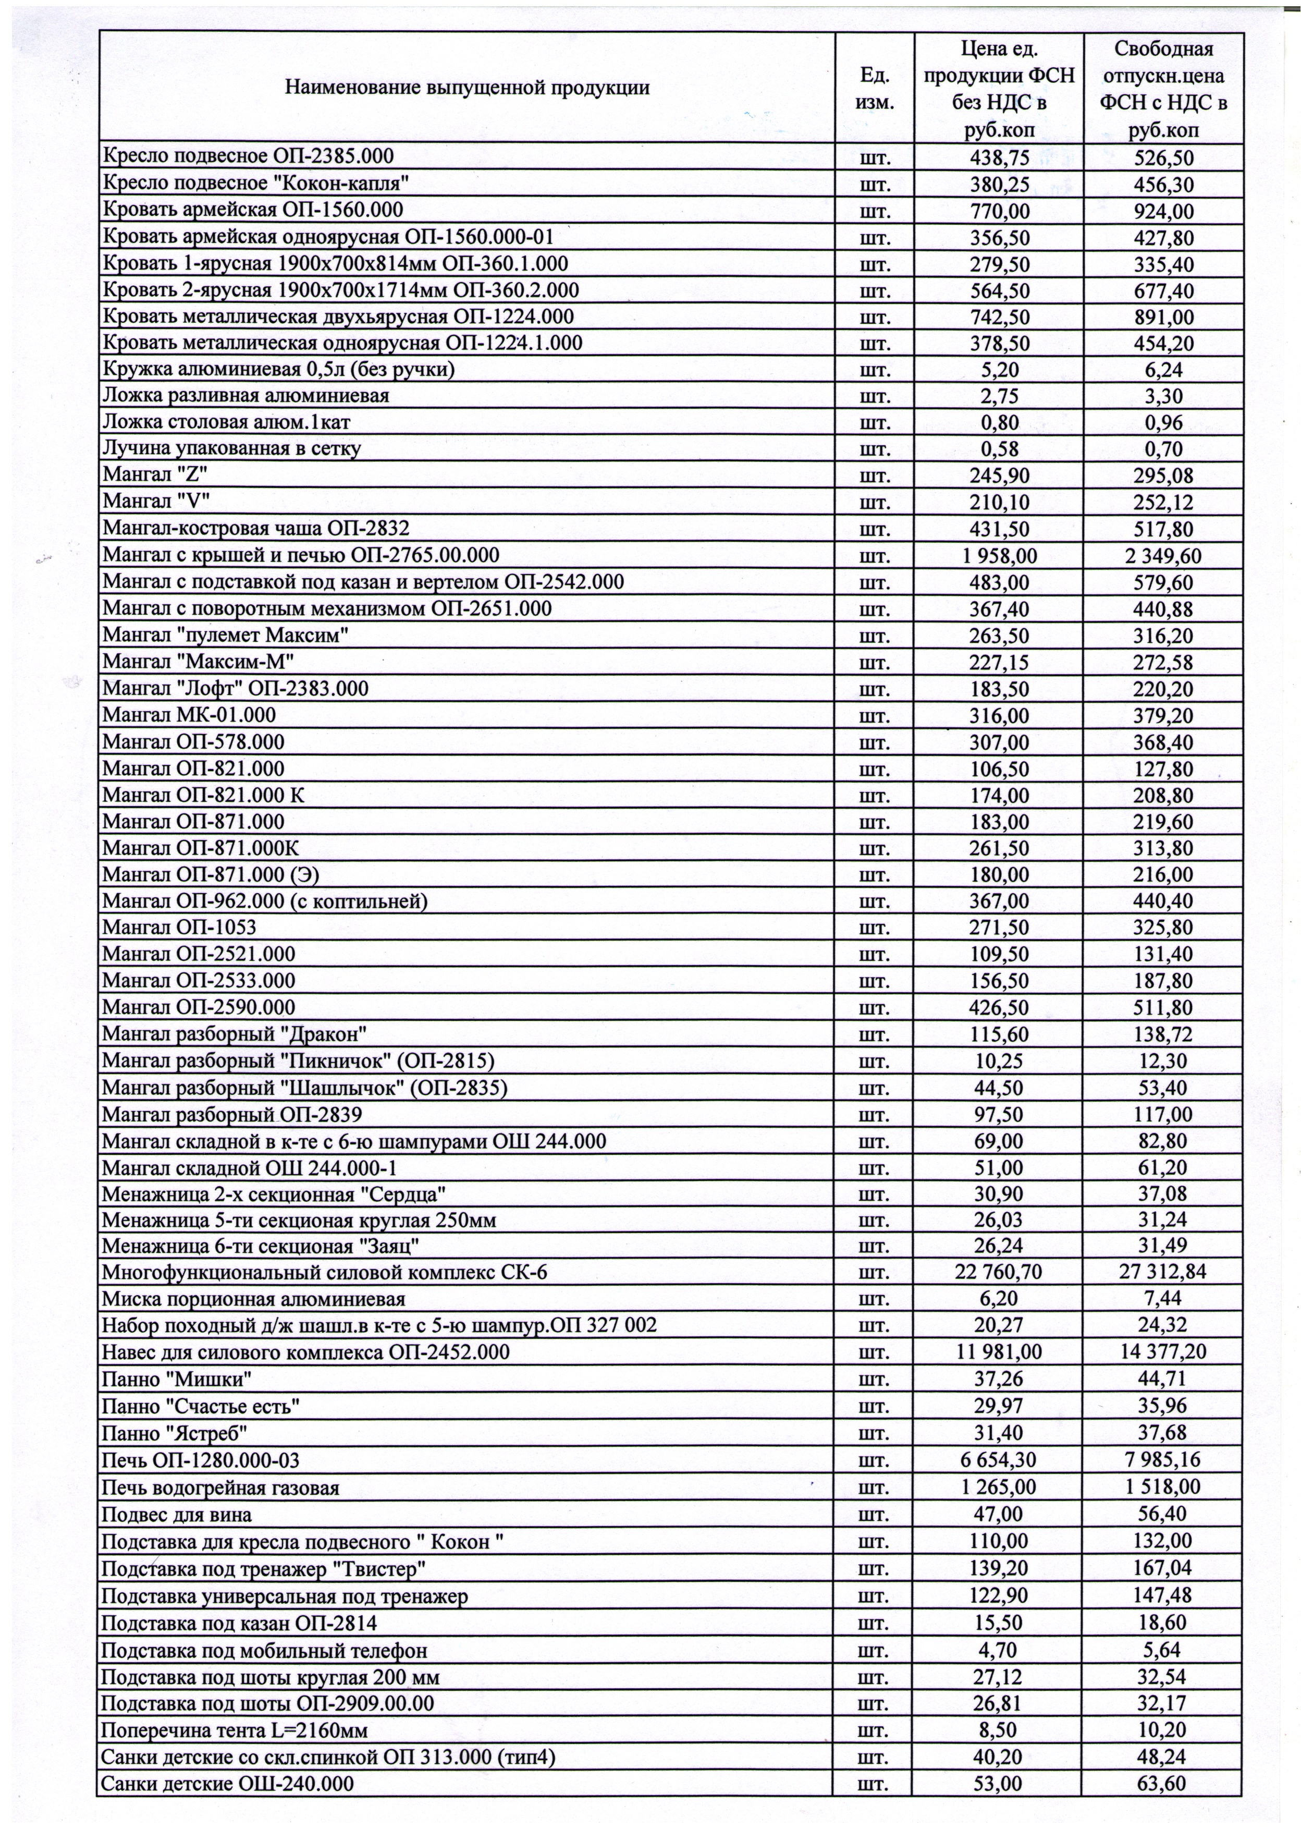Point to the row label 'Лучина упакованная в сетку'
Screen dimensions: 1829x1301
pyautogui.click(x=231, y=448)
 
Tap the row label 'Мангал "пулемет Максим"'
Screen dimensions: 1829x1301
pyautogui.click(x=225, y=636)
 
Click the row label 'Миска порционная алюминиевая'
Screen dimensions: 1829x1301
pyautogui.click(x=253, y=1299)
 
